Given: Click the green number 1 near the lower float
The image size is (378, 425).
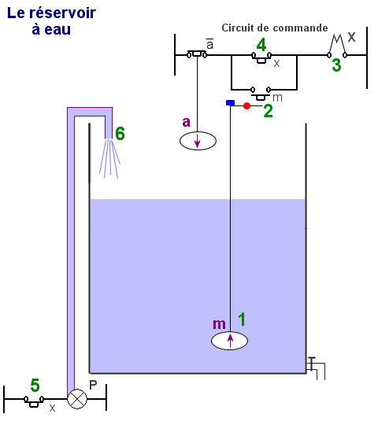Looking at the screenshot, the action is click(x=242, y=320).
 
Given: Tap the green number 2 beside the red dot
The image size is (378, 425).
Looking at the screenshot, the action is click(x=268, y=111).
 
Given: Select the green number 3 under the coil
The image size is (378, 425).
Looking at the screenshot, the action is click(x=336, y=65).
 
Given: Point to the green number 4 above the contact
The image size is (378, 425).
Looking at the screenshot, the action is click(x=261, y=45).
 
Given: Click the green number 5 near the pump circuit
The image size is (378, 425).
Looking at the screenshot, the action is click(x=35, y=385).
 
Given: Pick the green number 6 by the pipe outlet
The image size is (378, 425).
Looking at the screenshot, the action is click(x=120, y=133).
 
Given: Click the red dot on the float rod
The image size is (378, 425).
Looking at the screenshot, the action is click(x=246, y=105).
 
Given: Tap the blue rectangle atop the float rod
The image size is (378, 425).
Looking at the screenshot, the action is click(x=230, y=103).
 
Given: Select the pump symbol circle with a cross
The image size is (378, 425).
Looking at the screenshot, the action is click(x=77, y=399).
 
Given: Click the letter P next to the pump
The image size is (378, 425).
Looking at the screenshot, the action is click(x=93, y=385).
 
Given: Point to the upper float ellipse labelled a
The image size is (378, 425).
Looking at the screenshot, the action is click(x=198, y=141).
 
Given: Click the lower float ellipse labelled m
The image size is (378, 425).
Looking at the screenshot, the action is click(x=229, y=341).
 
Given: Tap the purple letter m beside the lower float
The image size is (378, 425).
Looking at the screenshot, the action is click(x=219, y=324).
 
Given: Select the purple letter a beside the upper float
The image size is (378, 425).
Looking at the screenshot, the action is click(x=187, y=122).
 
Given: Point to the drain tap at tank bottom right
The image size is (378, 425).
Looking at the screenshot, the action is click(x=316, y=368).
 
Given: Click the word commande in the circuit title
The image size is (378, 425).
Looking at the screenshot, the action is click(x=300, y=28).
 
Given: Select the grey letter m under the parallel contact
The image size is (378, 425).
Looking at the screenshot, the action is click(x=277, y=98).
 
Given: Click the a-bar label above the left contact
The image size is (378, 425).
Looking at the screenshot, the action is click(x=209, y=44).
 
